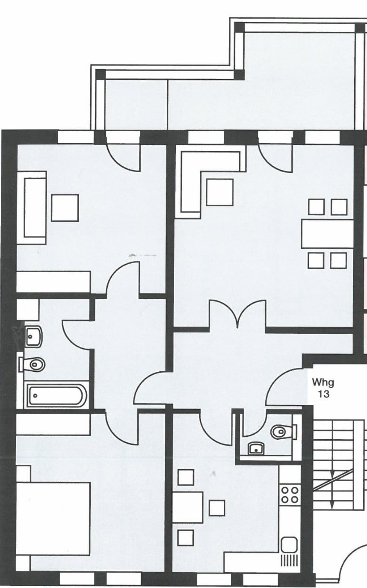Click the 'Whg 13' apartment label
click(324, 387)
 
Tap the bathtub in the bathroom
click(56, 396)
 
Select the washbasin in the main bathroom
click(33, 336)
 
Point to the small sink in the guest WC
click(256, 449)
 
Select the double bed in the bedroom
click(53, 518)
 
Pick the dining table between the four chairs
click(327, 234)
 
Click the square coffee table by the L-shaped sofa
click(220, 192)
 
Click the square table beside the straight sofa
click(65, 208)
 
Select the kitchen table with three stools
click(187, 507)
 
